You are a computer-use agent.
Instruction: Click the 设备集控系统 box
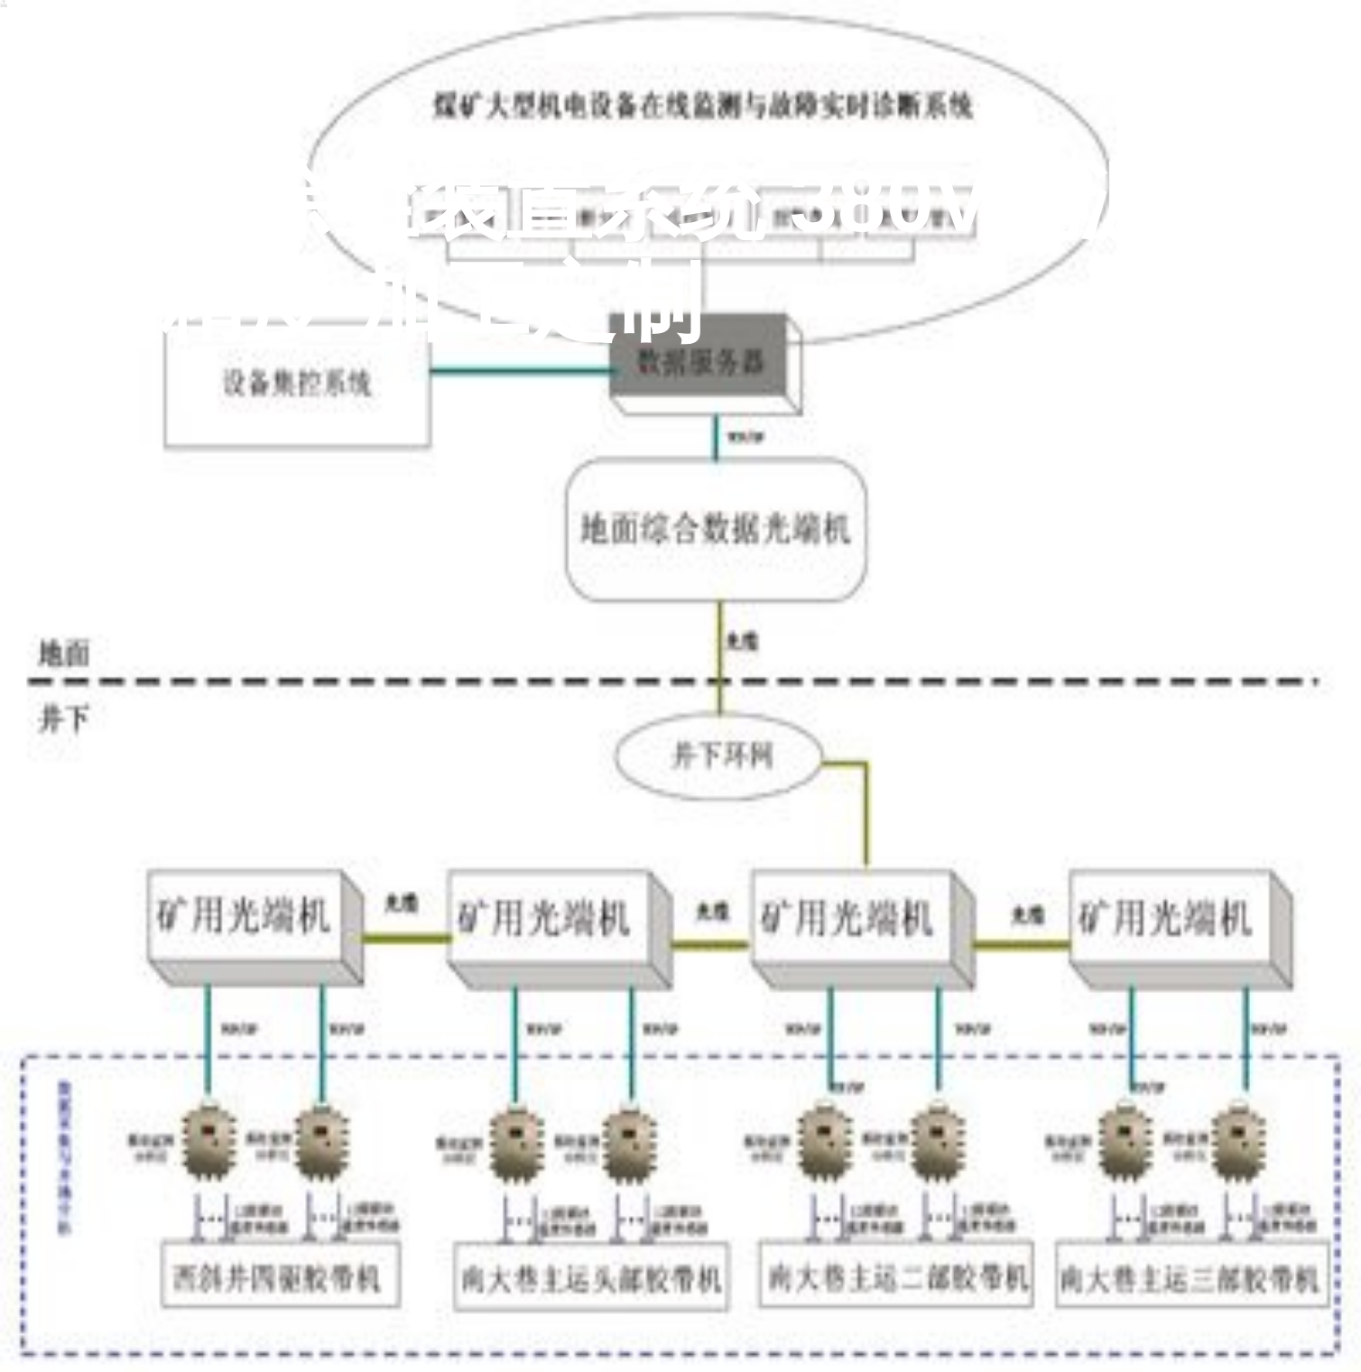pyautogui.click(x=296, y=383)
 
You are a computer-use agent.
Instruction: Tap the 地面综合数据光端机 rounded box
pyautogui.click(x=716, y=530)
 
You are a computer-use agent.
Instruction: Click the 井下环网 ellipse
pyautogui.click(x=719, y=756)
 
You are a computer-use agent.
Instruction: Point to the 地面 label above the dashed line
pyautogui.click(x=64, y=653)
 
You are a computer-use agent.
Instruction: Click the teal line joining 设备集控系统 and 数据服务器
pyautogui.click(x=519, y=369)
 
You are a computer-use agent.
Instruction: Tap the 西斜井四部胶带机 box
pyautogui.click(x=279, y=1276)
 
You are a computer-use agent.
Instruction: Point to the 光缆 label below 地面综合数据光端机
pyautogui.click(x=743, y=640)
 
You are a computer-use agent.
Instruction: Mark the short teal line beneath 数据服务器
pyautogui.click(x=717, y=438)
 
